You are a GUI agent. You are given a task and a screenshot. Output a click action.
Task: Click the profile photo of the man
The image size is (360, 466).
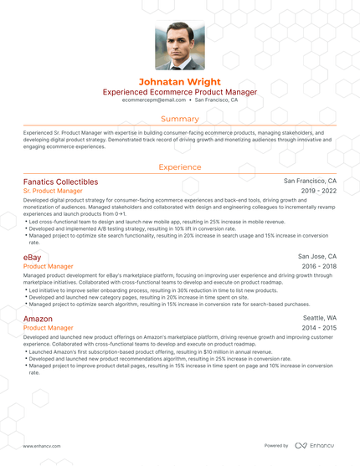(179, 46)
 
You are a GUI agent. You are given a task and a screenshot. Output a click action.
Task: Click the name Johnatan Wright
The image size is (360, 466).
(179, 82)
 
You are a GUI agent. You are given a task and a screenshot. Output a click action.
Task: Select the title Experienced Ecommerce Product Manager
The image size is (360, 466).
(179, 92)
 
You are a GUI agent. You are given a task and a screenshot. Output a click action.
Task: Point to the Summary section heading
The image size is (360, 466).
(179, 119)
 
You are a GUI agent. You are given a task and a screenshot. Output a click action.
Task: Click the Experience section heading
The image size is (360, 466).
(179, 167)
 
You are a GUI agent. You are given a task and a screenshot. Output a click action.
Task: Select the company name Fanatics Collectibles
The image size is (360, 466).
(60, 182)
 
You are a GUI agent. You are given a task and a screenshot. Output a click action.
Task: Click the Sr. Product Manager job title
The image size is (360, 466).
(53, 192)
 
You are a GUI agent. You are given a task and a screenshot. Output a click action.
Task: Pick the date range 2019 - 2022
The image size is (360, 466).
(319, 192)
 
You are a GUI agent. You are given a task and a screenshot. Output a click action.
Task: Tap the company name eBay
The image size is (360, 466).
(33, 256)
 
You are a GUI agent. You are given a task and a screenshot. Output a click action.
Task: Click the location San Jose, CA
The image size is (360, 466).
(317, 256)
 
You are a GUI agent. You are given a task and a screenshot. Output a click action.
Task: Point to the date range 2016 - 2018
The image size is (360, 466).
(319, 266)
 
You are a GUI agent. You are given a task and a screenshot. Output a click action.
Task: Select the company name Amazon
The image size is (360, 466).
(39, 320)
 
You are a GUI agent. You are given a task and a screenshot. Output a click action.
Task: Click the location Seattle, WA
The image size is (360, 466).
(320, 320)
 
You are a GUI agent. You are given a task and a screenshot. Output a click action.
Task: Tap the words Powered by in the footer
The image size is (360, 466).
(276, 446)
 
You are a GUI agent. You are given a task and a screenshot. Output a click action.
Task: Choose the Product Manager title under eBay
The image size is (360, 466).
(47, 266)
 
